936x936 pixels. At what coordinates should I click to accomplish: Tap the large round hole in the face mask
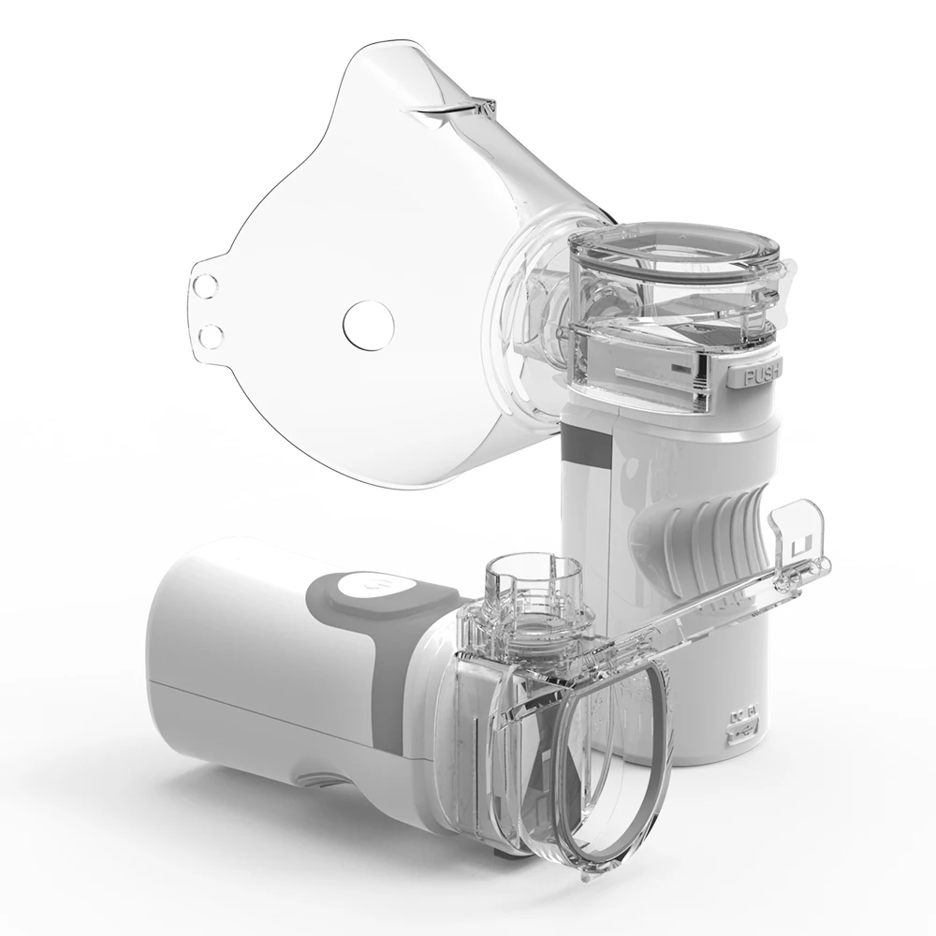click(362, 323)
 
